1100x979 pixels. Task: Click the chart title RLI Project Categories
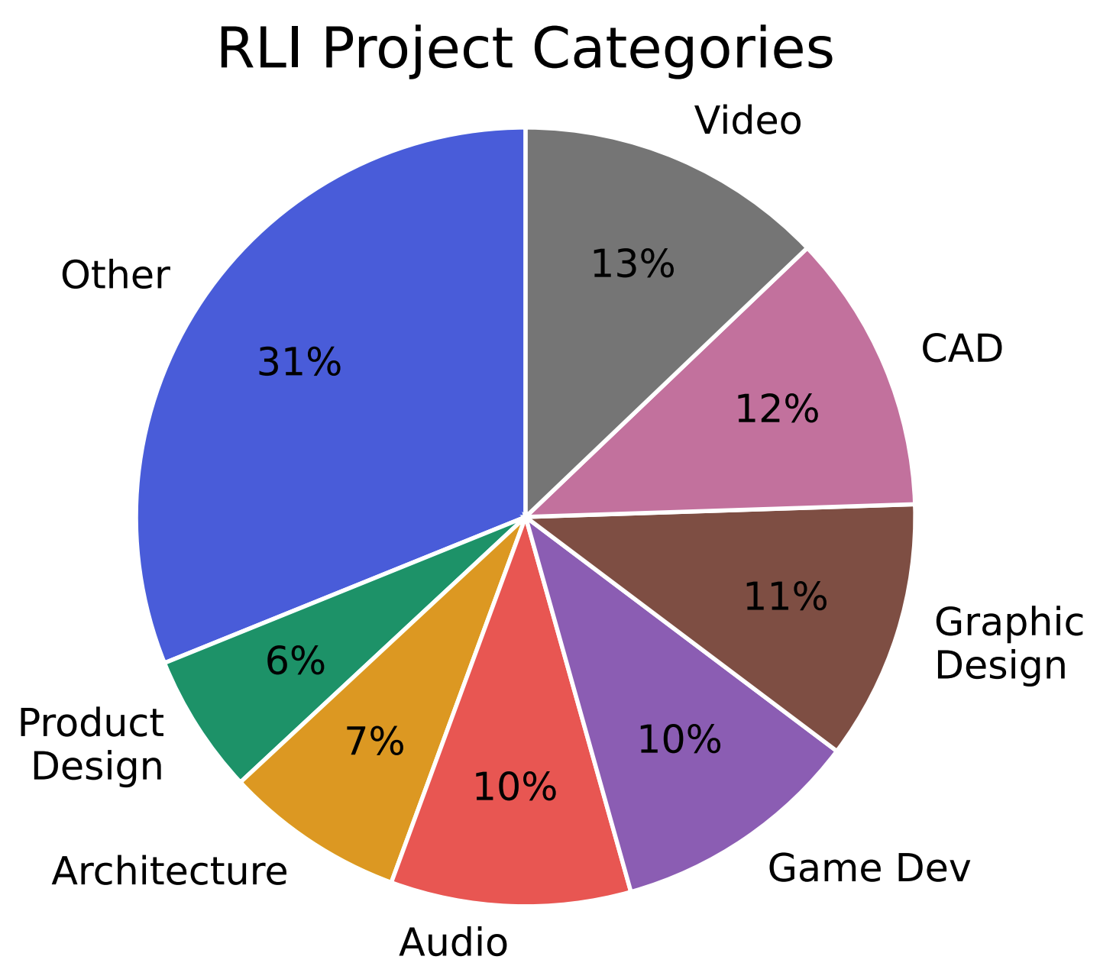coord(526,50)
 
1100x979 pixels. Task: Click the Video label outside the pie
coord(748,121)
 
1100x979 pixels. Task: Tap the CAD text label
coord(962,350)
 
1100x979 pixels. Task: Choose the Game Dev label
coord(869,868)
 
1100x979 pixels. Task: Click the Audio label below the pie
coord(453,943)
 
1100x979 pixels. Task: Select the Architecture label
coord(170,871)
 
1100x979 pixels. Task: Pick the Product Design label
coord(92,745)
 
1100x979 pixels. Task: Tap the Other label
coord(115,276)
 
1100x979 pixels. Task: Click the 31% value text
coord(299,362)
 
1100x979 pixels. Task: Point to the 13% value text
coord(632,264)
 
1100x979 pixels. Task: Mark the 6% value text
coord(295,661)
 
